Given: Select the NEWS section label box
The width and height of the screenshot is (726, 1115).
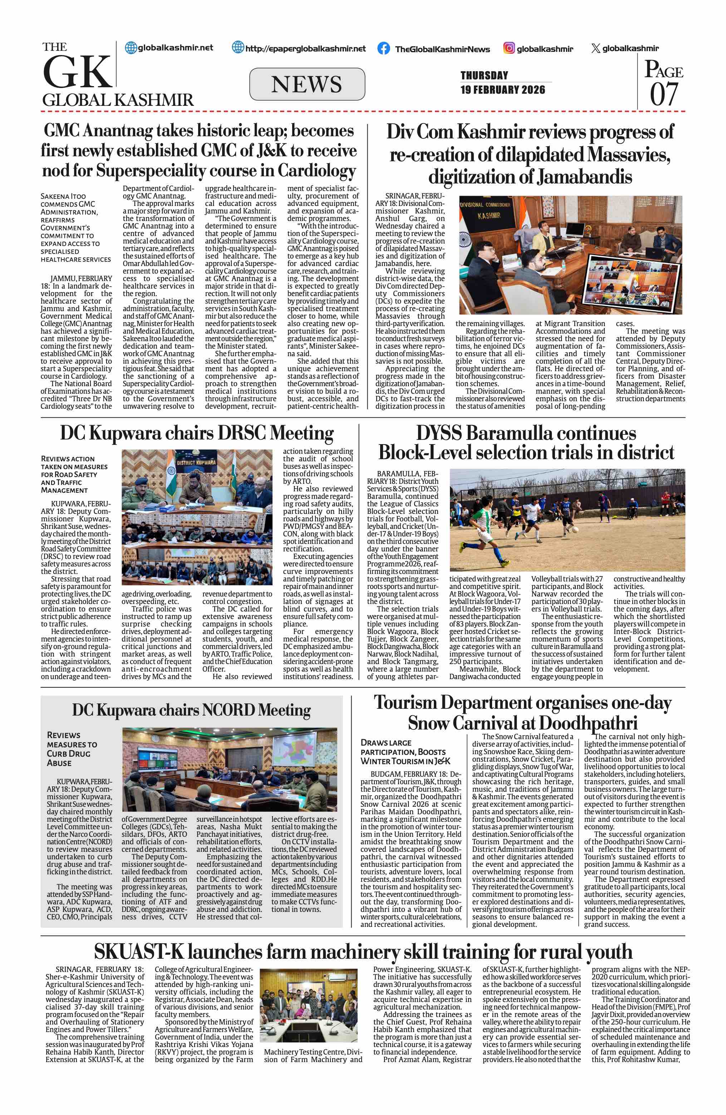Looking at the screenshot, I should pyautogui.click(x=307, y=84).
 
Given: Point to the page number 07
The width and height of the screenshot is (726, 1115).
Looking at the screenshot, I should pyautogui.click(x=664, y=94).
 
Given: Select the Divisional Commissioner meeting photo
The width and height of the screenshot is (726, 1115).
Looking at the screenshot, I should pyautogui.click(x=570, y=255).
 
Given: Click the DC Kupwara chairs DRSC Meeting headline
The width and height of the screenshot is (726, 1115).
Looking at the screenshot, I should pyautogui.click(x=197, y=433).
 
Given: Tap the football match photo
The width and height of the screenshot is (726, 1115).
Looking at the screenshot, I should pyautogui.click(x=567, y=520).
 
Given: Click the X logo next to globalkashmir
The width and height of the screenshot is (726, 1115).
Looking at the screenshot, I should pyautogui.click(x=595, y=48).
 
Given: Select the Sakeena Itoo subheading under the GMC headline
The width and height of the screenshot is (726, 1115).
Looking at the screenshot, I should pyautogui.click(x=75, y=228).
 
